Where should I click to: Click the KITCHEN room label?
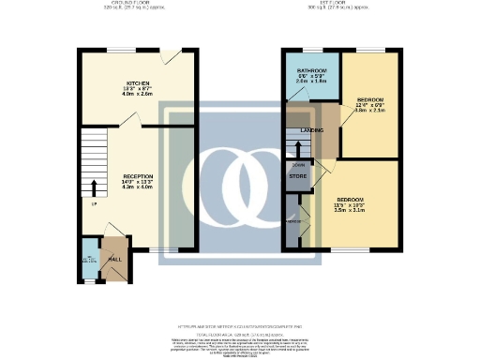120,82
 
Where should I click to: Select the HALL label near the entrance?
116,259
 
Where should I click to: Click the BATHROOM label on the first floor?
311,71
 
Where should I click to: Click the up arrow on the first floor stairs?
298,147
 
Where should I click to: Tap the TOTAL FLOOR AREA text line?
240,334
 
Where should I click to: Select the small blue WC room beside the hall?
90,262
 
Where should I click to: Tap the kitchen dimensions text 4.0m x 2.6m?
120,95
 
